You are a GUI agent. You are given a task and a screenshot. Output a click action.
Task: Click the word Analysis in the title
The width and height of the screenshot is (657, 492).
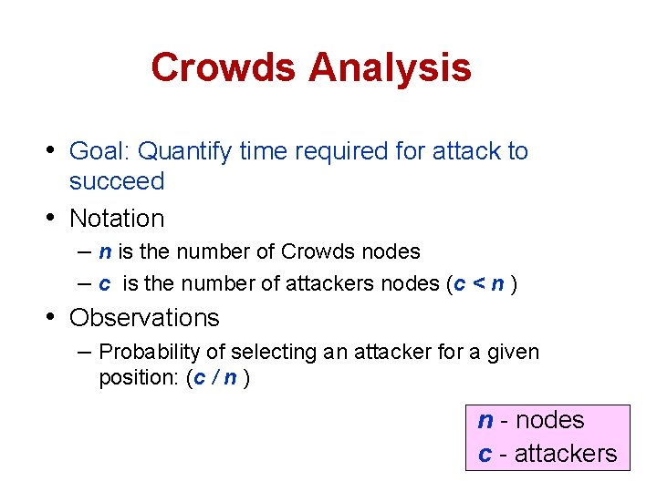click(390, 67)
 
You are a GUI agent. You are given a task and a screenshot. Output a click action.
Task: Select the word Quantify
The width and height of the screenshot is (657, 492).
click(182, 151)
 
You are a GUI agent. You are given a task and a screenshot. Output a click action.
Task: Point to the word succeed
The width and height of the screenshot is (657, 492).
click(117, 181)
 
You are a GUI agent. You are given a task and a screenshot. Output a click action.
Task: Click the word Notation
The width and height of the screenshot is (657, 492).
click(117, 219)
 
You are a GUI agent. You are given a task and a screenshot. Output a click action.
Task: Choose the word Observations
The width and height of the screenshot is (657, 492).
click(144, 318)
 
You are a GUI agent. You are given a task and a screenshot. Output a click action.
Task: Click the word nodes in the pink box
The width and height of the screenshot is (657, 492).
click(548, 420)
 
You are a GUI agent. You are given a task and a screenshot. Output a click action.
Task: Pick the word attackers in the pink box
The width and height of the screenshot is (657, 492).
click(566, 453)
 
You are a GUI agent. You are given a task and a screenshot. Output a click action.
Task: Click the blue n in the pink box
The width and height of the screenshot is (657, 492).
click(485, 421)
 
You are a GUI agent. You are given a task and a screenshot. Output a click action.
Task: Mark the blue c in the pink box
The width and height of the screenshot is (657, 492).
click(485, 454)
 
